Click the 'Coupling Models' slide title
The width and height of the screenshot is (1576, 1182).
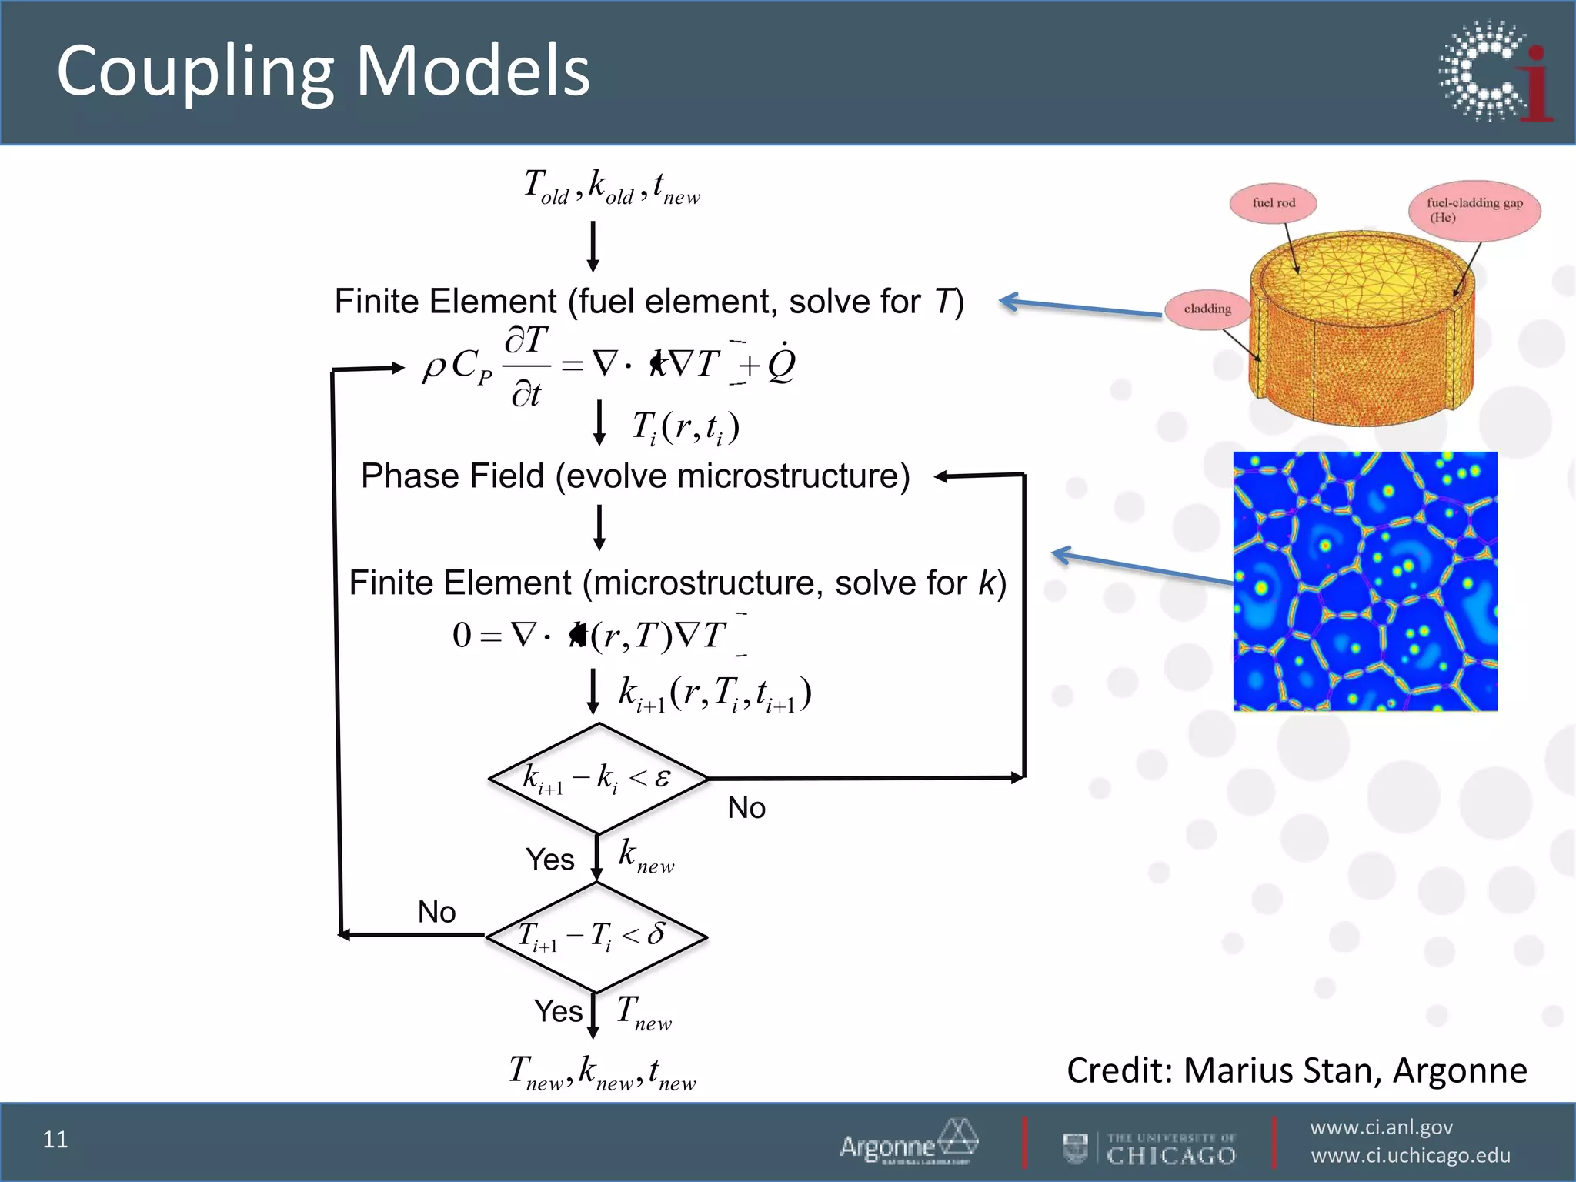point(323,71)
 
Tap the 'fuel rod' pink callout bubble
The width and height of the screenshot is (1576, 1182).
point(1274,203)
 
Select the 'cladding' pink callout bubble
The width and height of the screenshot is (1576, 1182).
point(1207,309)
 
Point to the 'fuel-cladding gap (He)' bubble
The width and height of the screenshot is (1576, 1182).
point(1474,209)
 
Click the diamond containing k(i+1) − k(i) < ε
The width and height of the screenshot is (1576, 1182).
point(598,778)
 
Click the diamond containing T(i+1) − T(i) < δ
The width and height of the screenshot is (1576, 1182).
point(596,937)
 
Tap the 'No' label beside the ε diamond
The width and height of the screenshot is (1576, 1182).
point(746,808)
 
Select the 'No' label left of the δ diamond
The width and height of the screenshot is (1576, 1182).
point(436,912)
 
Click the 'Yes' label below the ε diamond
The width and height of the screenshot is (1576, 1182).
point(549,860)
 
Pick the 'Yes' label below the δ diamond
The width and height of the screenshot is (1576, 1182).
point(558,1011)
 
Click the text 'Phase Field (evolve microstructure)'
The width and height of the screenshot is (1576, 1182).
point(635,476)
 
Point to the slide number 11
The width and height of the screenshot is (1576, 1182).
point(55,1140)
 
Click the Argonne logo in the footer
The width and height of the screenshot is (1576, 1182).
point(908,1143)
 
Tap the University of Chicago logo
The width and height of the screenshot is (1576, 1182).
point(1150,1148)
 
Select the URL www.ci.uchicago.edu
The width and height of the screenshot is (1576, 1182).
point(1410,1156)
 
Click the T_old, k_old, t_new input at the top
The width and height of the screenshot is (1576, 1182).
point(612,188)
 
